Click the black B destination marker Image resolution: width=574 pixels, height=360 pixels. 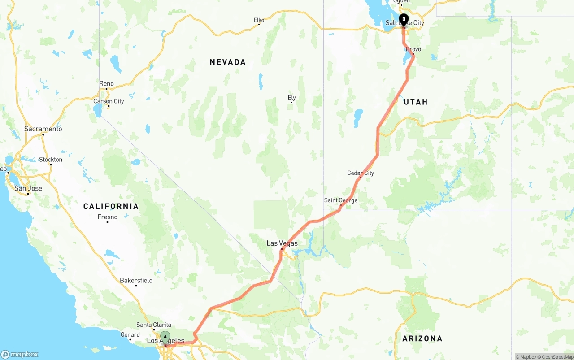point(404,20)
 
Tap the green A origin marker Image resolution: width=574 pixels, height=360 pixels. point(165,337)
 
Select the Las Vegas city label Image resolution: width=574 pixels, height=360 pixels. point(282,243)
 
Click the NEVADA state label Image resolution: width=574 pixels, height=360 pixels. point(228,62)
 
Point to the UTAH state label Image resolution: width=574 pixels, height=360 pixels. point(415,102)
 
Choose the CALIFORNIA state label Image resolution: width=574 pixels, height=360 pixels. point(111,206)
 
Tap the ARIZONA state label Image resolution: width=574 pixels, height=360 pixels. point(422,338)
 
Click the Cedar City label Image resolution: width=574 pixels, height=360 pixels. point(361,173)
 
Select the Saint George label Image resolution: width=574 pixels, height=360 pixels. point(341,200)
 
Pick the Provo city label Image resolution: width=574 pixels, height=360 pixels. point(413,49)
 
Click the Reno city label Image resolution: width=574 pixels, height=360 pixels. point(107,83)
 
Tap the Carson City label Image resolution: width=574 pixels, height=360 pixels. point(109,101)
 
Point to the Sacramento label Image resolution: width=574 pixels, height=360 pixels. point(43,129)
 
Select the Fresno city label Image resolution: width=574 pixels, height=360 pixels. point(108,217)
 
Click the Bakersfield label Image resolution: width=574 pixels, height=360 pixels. point(136,280)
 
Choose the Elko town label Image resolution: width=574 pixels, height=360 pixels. point(259,20)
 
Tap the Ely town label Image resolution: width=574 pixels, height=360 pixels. point(292,97)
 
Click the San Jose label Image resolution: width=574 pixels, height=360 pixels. point(28,188)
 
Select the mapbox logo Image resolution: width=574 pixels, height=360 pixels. point(20,354)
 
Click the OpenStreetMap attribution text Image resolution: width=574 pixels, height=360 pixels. point(557,357)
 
